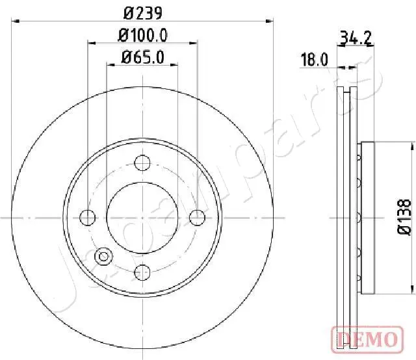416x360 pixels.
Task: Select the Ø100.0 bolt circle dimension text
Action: coord(142,36)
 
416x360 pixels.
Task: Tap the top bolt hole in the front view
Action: coord(142,163)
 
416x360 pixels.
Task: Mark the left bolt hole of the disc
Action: coord(87,218)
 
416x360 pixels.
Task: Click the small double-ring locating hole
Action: coord(103,257)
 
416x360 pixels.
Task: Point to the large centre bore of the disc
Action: coord(142,218)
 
